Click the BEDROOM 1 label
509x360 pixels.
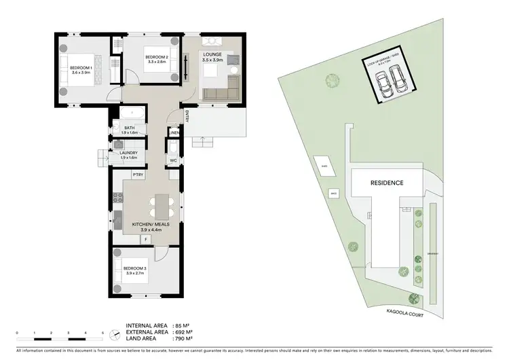coord(83,67)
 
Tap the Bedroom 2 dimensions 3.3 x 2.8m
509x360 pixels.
coord(156,61)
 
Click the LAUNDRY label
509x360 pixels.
coord(129,153)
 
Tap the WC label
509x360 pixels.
coord(173,160)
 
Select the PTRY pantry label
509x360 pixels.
coord(138,175)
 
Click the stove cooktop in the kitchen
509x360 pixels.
coord(116,198)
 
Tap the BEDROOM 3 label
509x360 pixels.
coord(134,269)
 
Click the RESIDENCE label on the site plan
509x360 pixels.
coord(386,183)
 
